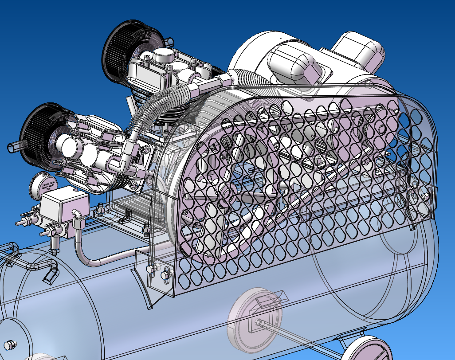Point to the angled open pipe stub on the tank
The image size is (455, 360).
50,275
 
